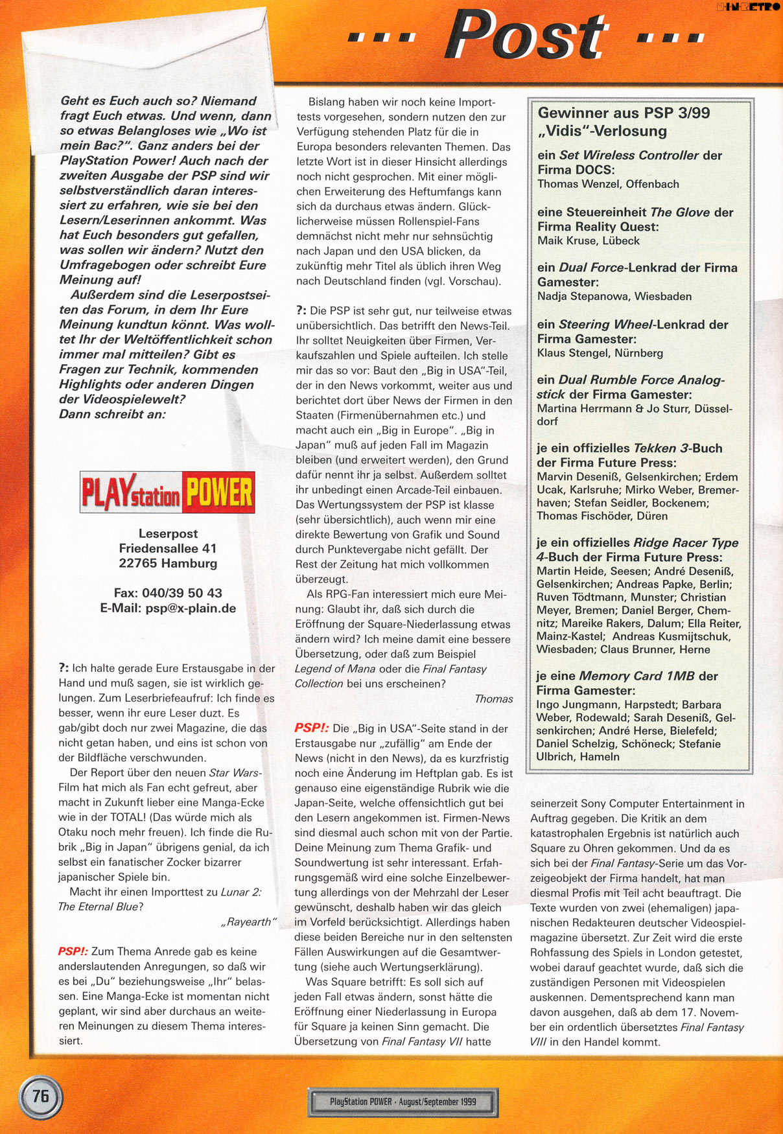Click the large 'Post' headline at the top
click(x=526, y=36)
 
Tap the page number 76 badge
click(x=40, y=1096)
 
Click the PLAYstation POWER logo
click(x=167, y=492)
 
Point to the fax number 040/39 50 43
click(x=168, y=593)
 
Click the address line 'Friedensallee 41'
click(x=168, y=548)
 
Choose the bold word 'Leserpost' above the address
click(x=168, y=533)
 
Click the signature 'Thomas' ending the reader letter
click(x=493, y=699)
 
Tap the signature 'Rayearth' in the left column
click(x=249, y=921)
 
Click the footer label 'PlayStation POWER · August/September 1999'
click(x=403, y=1102)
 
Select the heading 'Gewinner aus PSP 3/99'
click(x=624, y=113)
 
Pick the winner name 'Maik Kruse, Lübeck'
click(x=588, y=240)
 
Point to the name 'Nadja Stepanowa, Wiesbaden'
click(x=614, y=296)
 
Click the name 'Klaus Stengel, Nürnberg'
click(x=600, y=353)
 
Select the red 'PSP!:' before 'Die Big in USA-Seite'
click(x=311, y=728)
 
